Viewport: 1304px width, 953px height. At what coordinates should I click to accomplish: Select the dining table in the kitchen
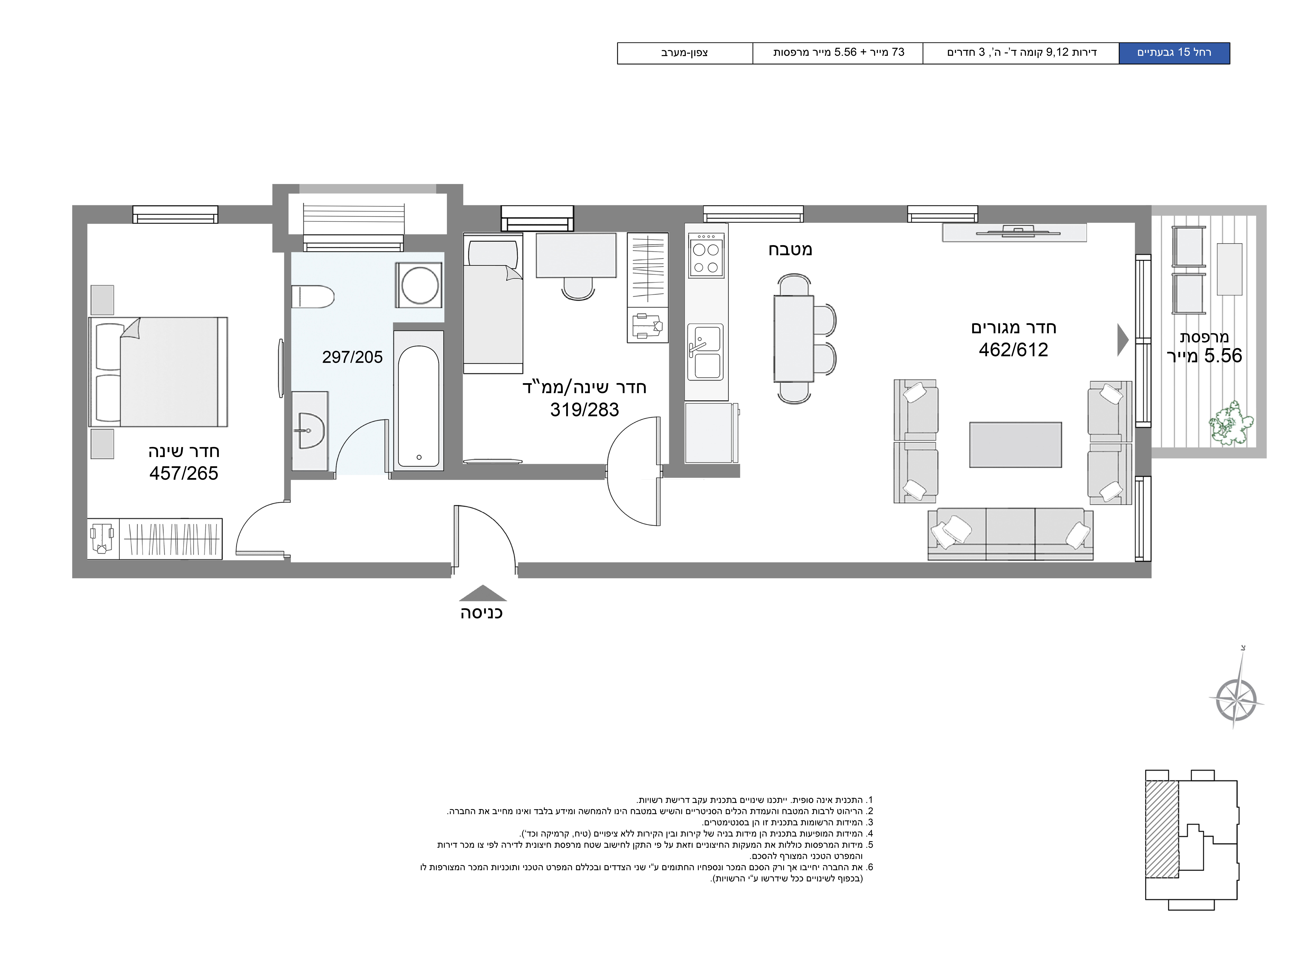[793, 339]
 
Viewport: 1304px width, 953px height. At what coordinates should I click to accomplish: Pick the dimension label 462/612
[1013, 350]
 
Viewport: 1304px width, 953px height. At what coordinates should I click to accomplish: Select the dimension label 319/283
[585, 410]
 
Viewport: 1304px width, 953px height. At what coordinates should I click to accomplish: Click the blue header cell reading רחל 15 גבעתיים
[1174, 53]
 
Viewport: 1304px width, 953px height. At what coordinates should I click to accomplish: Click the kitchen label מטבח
[790, 250]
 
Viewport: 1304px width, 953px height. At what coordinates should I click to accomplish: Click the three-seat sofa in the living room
[1010, 534]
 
